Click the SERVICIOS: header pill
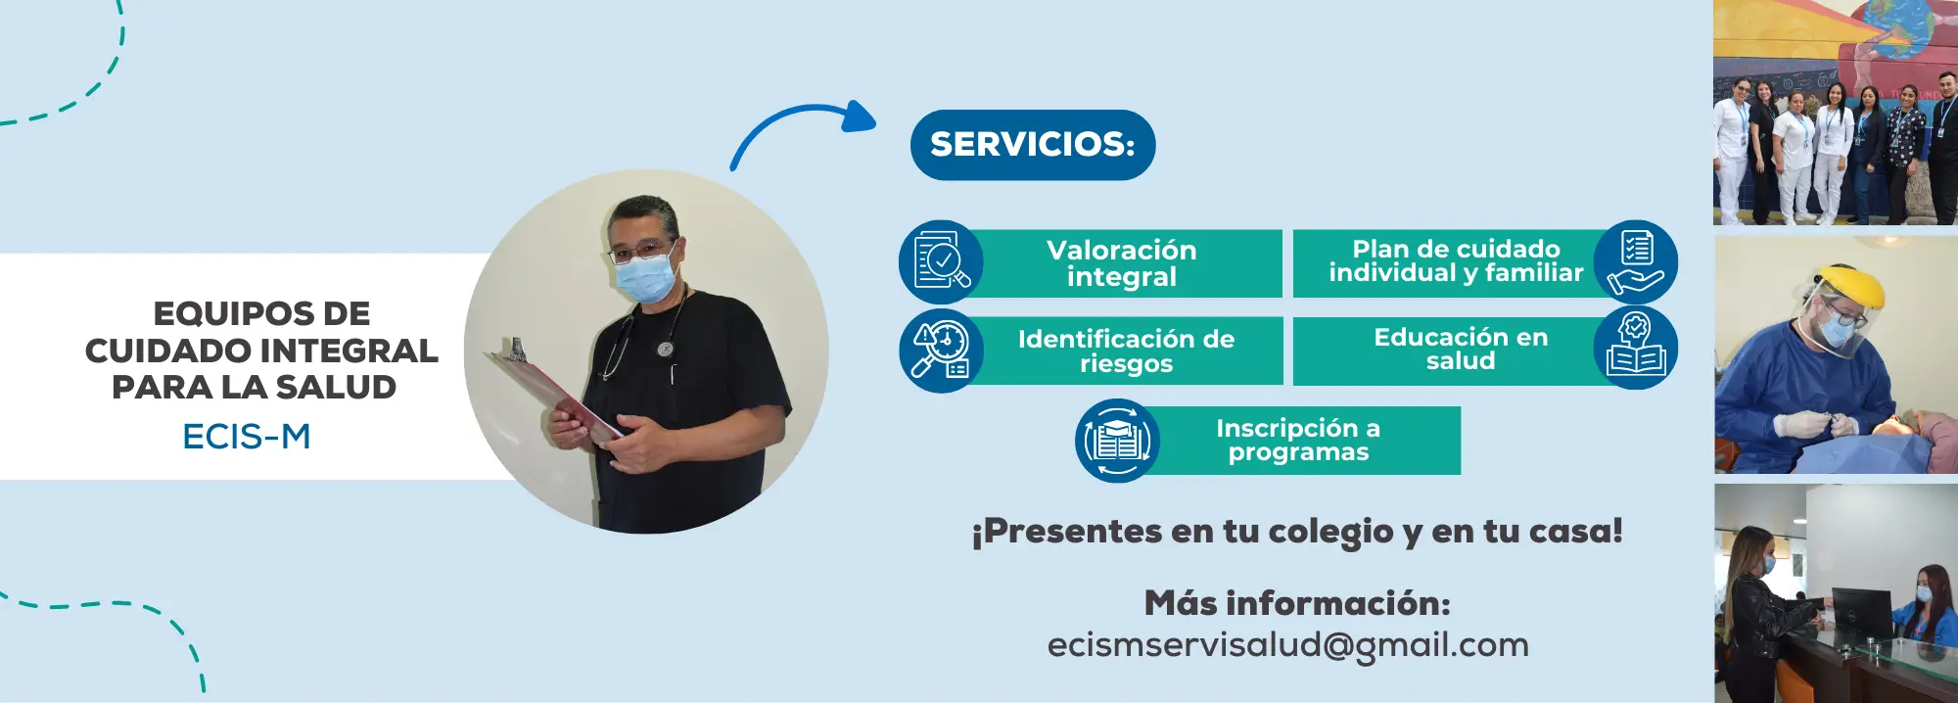coord(1032,145)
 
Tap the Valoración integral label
coord(1121,263)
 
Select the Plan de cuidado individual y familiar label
coord(1455,261)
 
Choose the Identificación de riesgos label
coord(1126,351)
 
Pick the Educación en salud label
coord(1461,350)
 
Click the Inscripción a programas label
coord(1298,441)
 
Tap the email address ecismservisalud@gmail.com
coord(1287,645)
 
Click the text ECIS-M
coord(247,437)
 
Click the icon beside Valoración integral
coord(941,261)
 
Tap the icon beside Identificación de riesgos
coord(941,351)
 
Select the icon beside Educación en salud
coord(1636,349)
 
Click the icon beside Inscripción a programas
coord(1117,441)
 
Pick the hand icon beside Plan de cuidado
coord(1636,261)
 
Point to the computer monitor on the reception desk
coord(1860,612)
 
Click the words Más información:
coord(1297,603)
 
